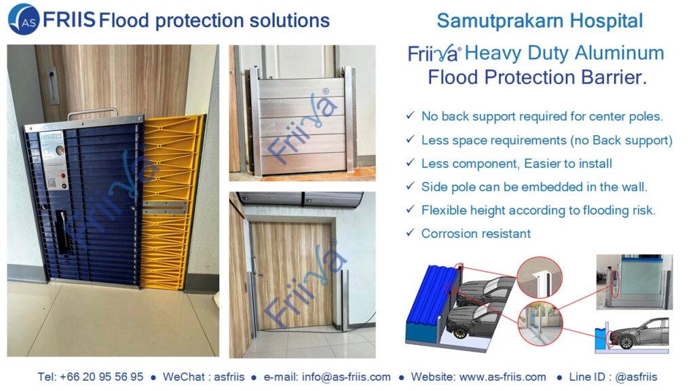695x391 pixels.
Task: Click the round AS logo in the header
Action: pos(24,19)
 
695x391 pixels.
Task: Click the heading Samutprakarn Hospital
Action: pos(540,20)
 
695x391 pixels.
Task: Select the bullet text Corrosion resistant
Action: pos(476,234)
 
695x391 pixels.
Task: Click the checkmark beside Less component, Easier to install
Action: pos(410,163)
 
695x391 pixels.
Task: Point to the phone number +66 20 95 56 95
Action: pos(102,377)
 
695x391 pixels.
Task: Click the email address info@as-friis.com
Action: pos(346,377)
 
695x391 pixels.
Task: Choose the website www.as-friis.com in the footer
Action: pos(503,377)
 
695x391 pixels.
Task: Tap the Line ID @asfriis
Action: pos(636,377)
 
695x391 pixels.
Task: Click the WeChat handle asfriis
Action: pos(229,377)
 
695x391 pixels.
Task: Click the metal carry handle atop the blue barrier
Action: pos(92,113)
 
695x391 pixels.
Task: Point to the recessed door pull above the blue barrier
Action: pos(52,86)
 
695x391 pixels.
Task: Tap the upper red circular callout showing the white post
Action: pos(540,278)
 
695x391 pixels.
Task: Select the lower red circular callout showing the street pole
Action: pos(540,323)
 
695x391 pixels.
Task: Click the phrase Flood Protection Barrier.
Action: pos(538,77)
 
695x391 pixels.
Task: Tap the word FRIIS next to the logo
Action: pos(69,20)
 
